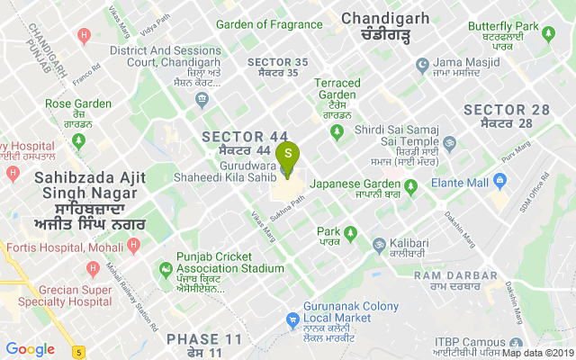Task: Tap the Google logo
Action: (x=30, y=349)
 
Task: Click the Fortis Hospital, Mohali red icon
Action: (x=133, y=245)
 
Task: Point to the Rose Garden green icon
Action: (x=79, y=140)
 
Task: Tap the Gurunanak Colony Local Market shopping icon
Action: (x=292, y=319)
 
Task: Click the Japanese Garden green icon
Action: (x=410, y=187)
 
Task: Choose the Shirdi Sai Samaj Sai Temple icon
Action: (x=448, y=143)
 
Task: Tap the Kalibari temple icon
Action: (x=379, y=244)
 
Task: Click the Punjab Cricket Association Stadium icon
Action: (x=166, y=268)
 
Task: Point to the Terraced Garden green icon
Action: (x=337, y=133)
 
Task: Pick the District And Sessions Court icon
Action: (x=203, y=97)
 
